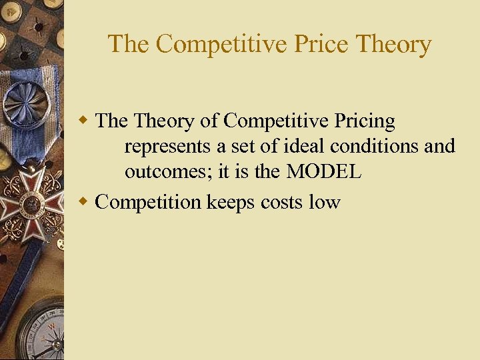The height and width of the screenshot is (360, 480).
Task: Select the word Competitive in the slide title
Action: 216,44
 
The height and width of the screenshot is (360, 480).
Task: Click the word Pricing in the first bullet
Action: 365,121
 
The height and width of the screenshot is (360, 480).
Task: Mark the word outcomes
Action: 167,171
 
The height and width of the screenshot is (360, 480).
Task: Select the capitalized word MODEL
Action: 324,171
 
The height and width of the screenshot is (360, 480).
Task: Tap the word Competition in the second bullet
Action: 149,202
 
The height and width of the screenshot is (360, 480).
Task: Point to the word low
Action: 324,202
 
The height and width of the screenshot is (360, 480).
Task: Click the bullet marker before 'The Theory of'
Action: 83,121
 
